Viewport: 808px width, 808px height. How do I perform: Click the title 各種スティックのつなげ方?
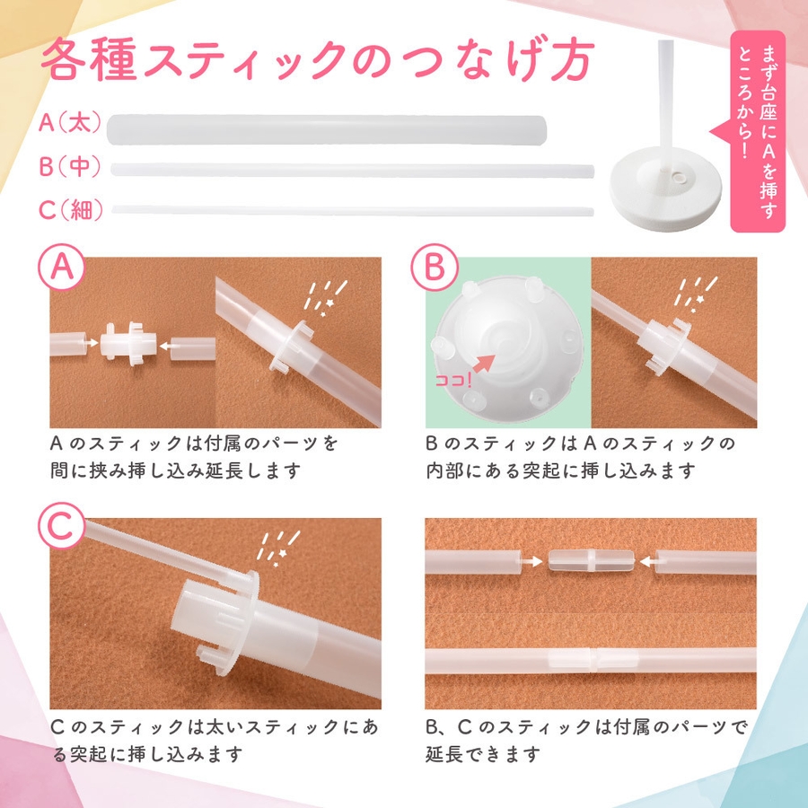click(318, 60)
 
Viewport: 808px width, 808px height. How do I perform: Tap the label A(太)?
click(71, 123)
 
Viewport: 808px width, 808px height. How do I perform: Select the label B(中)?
click(70, 166)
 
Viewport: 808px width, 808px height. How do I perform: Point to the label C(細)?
click(71, 209)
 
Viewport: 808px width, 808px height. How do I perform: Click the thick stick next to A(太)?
click(326, 130)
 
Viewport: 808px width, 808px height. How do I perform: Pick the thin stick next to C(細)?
click(353, 210)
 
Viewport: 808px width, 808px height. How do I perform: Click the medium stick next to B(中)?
click(352, 170)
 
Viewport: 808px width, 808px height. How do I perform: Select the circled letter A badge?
click(61, 267)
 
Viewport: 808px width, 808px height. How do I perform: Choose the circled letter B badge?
click(435, 267)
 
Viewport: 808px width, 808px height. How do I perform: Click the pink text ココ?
click(453, 381)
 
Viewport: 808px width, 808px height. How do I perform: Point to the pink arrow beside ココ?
click(485, 364)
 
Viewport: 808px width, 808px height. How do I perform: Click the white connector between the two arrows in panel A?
click(128, 344)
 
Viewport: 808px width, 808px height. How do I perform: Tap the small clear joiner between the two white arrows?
click(590, 560)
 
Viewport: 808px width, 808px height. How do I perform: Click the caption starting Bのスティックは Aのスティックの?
click(580, 457)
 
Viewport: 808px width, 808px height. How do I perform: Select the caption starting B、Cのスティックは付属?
click(586, 741)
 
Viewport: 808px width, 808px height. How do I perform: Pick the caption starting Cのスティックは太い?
click(215, 741)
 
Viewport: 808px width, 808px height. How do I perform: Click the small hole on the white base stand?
click(681, 178)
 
